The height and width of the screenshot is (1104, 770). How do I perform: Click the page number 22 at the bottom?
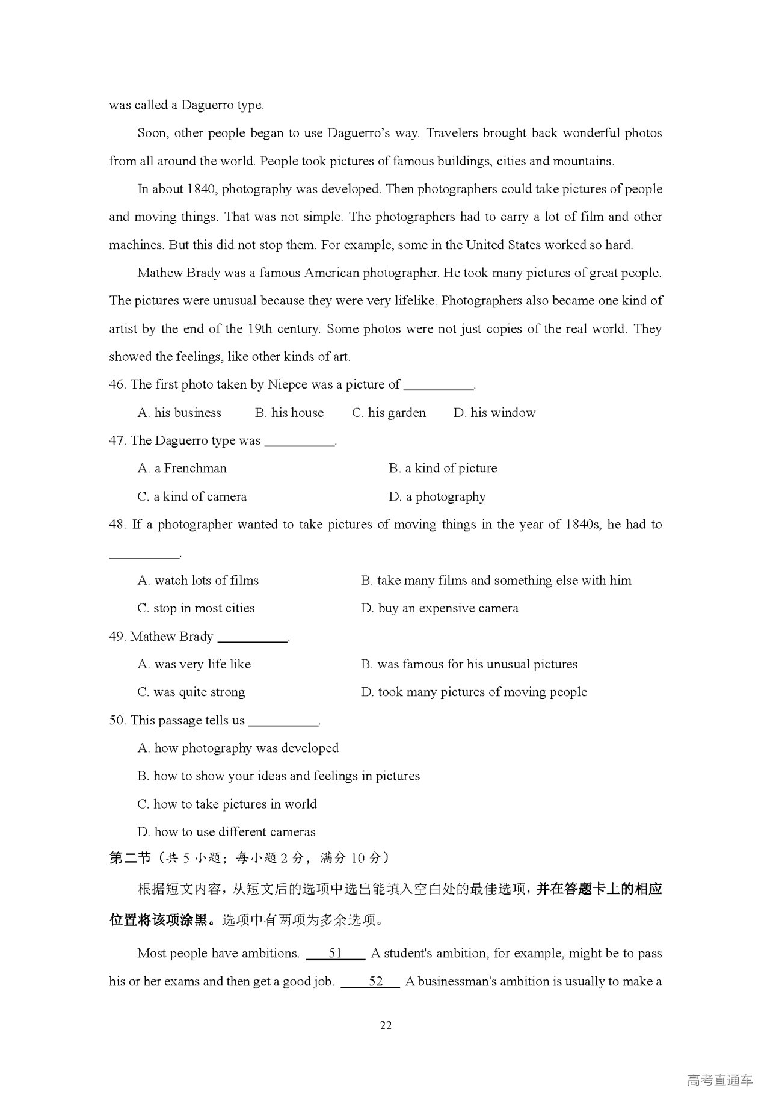(386, 1025)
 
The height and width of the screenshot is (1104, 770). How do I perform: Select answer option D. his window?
(494, 413)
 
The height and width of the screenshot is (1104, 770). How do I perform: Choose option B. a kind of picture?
(443, 469)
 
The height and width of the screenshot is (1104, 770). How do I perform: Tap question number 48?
(117, 525)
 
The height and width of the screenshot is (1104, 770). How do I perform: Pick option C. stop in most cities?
(196, 608)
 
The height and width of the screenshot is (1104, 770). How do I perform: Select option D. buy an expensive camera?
(439, 608)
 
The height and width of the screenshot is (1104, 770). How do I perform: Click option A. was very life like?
(194, 664)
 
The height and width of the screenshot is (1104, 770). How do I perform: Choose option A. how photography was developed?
(238, 748)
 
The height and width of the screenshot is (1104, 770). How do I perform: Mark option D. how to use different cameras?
(226, 832)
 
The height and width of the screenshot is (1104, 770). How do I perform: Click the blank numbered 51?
(335, 953)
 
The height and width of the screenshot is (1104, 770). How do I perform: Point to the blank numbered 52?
(370, 981)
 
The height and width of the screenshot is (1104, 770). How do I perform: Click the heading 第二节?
(129, 858)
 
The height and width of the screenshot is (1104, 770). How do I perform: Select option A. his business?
(179, 413)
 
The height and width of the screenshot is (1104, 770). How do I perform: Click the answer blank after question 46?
(439, 386)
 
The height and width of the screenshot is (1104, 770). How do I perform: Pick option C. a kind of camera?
(192, 497)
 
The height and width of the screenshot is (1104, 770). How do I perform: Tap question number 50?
(117, 720)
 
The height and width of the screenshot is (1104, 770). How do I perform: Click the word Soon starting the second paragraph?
(152, 133)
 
